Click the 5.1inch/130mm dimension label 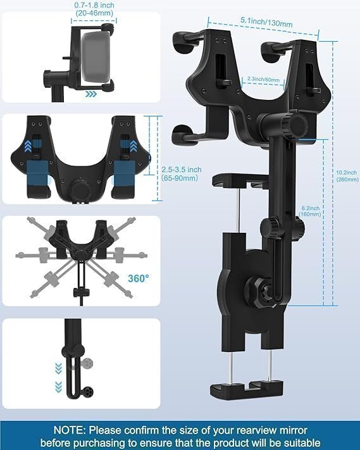(266, 22)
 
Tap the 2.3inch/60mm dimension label (263, 79)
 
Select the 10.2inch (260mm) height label (347, 176)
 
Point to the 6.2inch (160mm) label (310, 211)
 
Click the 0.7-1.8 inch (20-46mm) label (94, 9)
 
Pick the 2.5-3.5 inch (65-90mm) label (182, 173)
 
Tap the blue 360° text (139, 278)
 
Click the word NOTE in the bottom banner (70, 430)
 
